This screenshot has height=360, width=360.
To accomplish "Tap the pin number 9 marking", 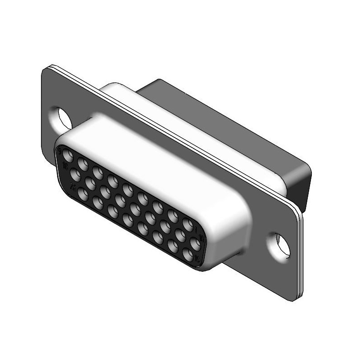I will coord(60,151).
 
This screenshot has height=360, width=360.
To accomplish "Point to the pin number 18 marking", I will coord(66,166).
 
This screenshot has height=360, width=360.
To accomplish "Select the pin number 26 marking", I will coord(72,186).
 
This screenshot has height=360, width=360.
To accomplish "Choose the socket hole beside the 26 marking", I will coord(82,194).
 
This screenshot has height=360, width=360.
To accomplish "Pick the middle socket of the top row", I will coord(128,189).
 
